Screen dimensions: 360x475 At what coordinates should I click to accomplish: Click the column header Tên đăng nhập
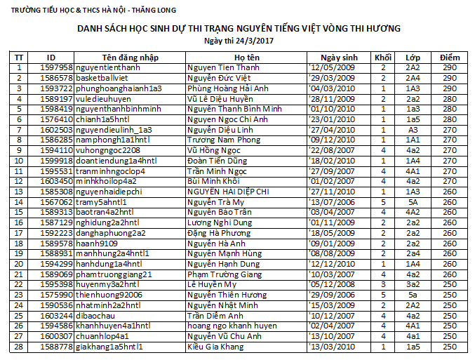pos(130,57)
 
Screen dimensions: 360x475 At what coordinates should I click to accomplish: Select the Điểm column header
pos(450,57)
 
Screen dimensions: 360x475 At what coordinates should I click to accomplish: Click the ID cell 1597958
pos(51,67)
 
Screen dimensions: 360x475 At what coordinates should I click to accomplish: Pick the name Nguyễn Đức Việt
pos(218,78)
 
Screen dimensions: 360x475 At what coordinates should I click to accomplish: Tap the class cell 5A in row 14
pos(413,202)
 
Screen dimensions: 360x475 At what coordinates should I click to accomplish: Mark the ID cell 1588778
pos(51,347)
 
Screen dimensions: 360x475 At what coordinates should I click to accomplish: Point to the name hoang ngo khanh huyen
pos(232,326)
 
